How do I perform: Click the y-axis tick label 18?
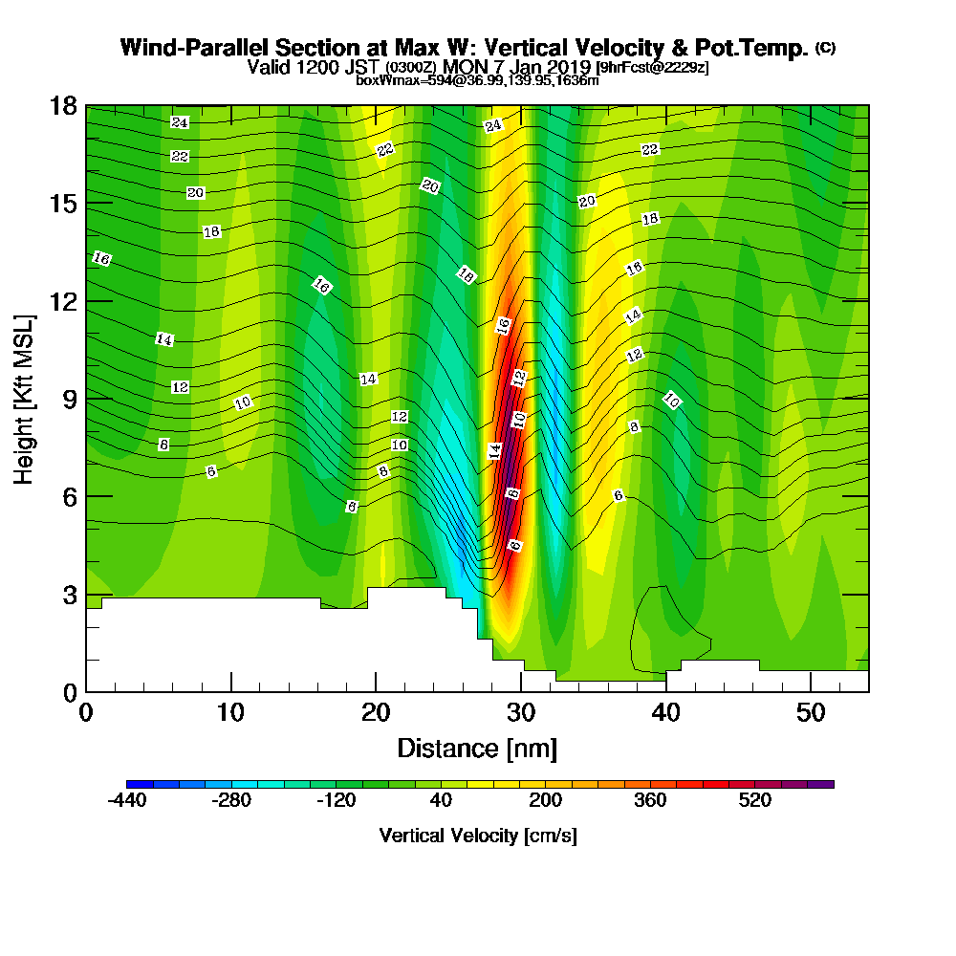click(x=64, y=106)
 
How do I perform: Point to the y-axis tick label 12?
click(x=64, y=301)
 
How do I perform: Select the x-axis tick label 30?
click(x=521, y=712)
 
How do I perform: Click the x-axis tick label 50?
click(x=811, y=712)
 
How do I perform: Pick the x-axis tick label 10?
click(x=230, y=712)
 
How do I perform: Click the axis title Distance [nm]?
click(x=477, y=748)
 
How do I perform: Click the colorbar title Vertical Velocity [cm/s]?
click(x=478, y=836)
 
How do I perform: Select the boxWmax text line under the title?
click(x=477, y=80)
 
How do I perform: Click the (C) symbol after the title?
click(x=824, y=48)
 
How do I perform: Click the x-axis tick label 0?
click(x=86, y=712)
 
